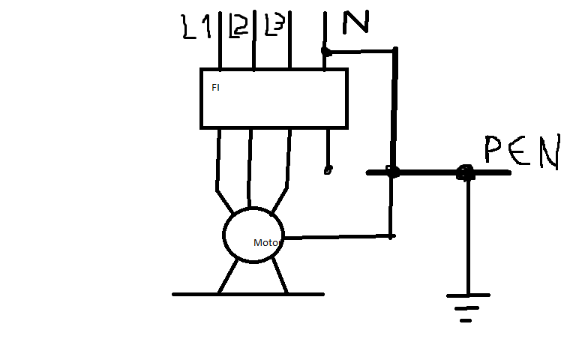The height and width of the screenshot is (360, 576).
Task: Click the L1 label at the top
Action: (x=196, y=27)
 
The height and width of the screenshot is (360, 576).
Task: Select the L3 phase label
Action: (x=274, y=27)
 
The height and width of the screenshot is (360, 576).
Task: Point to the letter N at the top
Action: (x=355, y=23)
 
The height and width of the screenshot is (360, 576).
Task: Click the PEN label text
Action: (x=522, y=153)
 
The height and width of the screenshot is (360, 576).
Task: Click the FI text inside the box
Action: (x=215, y=88)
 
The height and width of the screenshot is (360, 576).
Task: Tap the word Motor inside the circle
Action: (x=266, y=242)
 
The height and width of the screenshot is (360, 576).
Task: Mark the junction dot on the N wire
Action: (x=325, y=52)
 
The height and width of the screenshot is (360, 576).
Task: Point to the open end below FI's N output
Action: (x=327, y=170)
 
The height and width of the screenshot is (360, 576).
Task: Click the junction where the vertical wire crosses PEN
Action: (x=391, y=172)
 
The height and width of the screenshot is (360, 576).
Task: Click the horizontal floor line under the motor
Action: (x=247, y=294)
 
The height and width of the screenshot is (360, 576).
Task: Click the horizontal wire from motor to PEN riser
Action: (x=337, y=237)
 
